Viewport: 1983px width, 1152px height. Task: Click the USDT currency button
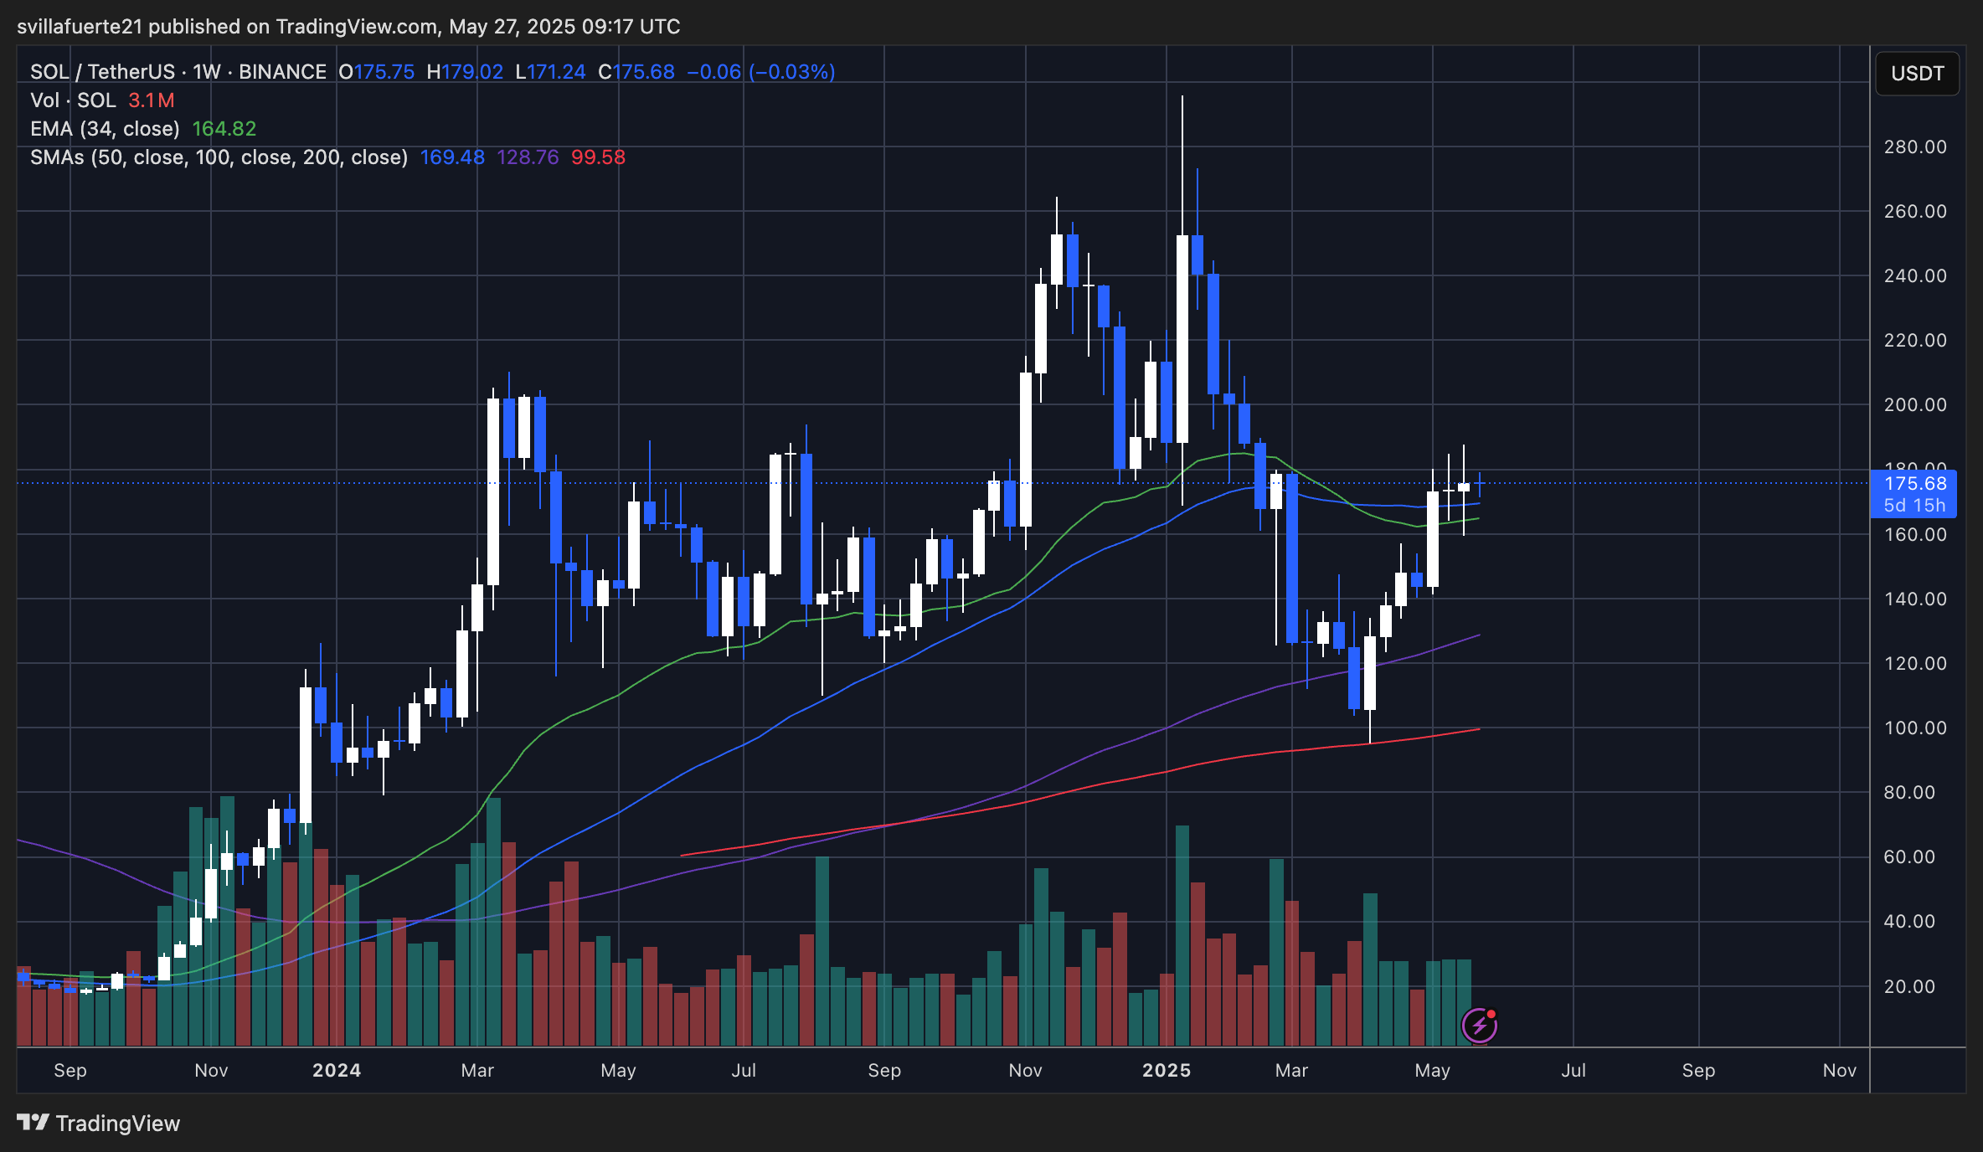[x=1917, y=74]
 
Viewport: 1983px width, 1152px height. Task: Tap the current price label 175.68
[x=1914, y=483]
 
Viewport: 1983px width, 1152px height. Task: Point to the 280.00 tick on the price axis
[x=1914, y=147]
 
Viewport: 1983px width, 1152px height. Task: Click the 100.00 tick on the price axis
[x=1914, y=728]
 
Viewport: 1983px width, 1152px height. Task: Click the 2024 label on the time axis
[x=337, y=1070]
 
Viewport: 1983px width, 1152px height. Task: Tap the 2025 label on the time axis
[x=1167, y=1070]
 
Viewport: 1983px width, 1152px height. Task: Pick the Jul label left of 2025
[x=744, y=1070]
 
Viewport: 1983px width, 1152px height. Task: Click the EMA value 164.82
[x=224, y=129]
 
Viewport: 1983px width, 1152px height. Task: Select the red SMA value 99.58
[x=598, y=157]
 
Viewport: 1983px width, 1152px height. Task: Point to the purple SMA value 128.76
[x=528, y=157]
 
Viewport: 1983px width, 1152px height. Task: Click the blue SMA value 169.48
[x=452, y=157]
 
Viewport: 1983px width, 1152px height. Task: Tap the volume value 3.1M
[x=152, y=100]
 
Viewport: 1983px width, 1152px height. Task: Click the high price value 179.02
[x=472, y=72]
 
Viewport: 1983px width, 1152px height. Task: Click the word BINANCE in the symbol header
[x=282, y=72]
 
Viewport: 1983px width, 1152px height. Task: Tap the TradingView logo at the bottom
[x=99, y=1123]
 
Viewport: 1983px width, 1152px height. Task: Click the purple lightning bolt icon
[x=1479, y=1025]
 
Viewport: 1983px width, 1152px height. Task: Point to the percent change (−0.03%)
[x=791, y=72]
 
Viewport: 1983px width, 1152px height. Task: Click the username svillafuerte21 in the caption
[x=80, y=27]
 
